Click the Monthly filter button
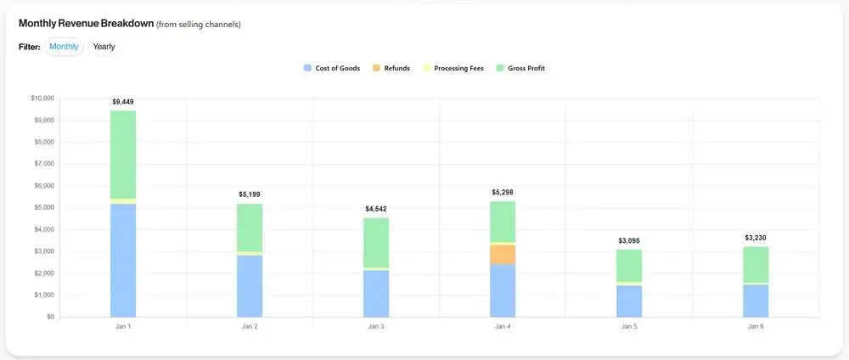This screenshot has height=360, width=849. (64, 47)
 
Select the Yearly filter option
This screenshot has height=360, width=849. (104, 47)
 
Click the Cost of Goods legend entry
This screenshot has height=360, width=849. (334, 68)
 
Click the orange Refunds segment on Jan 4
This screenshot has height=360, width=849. (503, 254)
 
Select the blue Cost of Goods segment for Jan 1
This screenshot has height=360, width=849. (122, 260)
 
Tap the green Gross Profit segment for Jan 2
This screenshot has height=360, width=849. (250, 228)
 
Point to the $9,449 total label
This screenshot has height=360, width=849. (122, 102)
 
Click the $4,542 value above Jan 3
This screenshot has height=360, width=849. (376, 209)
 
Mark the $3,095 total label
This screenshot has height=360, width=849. (629, 241)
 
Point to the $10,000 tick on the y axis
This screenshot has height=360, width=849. (42, 98)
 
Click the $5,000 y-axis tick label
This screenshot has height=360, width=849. (44, 208)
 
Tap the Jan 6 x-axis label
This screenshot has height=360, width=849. (756, 326)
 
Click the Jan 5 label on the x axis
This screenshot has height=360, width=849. (629, 326)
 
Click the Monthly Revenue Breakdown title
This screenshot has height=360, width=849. (86, 24)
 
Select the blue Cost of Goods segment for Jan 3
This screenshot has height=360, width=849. (376, 293)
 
